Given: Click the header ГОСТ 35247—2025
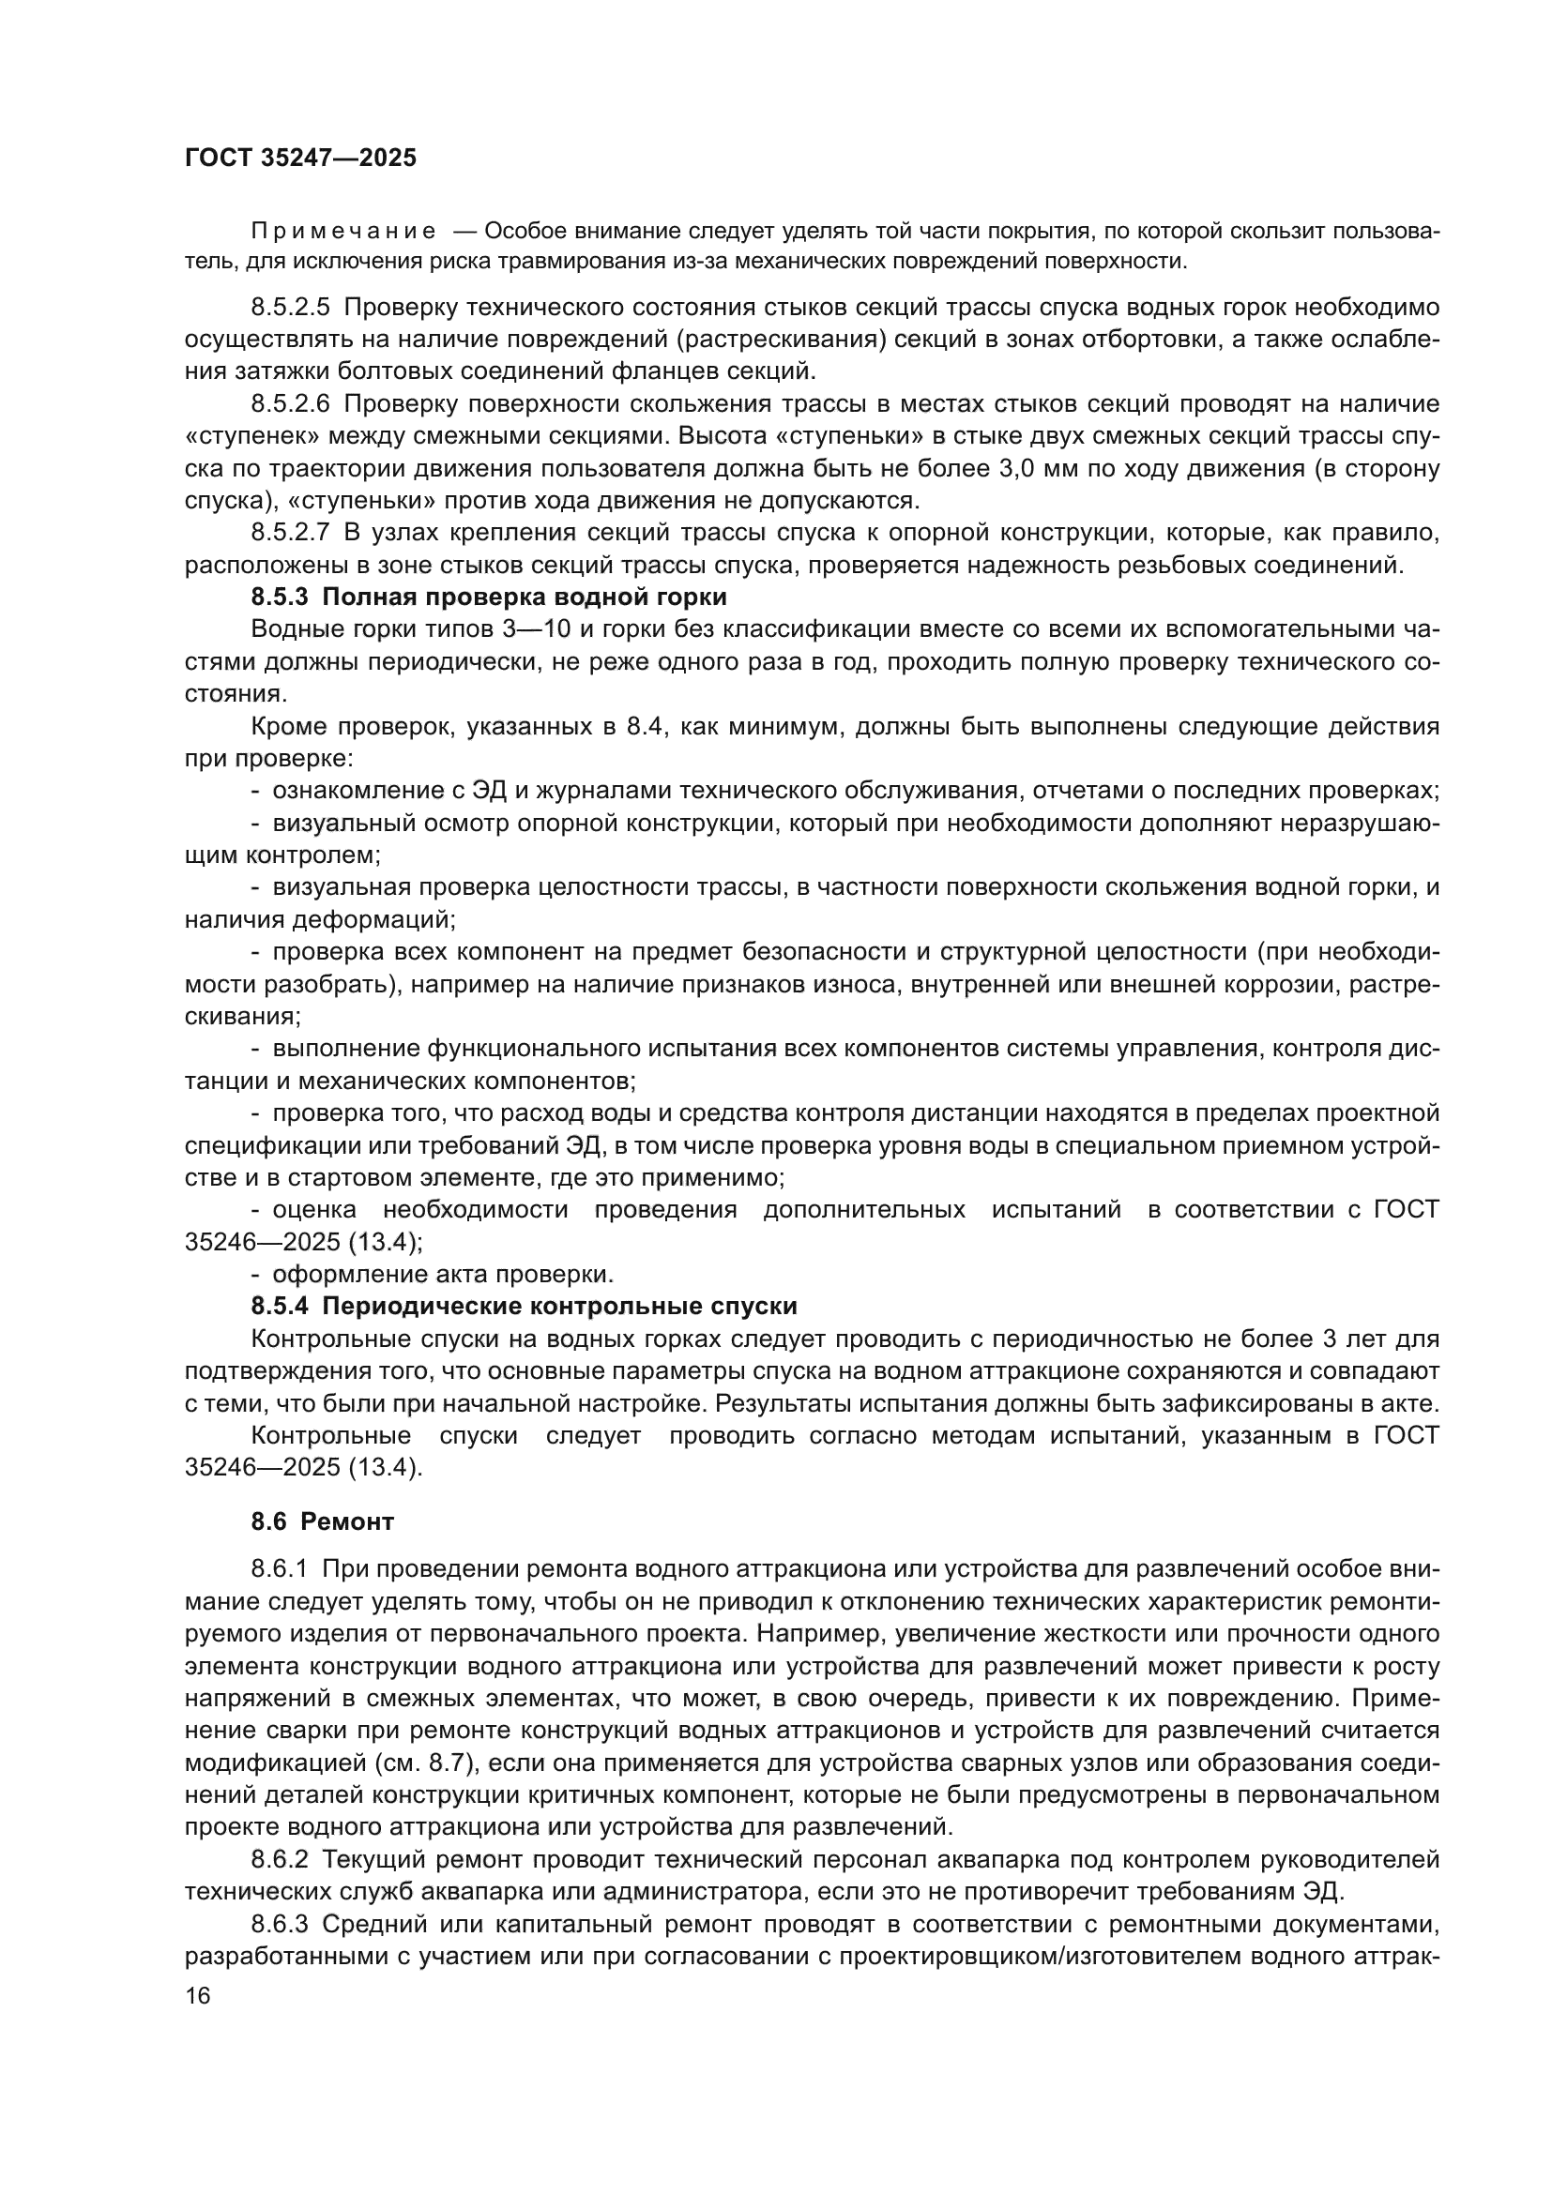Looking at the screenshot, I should pos(300,158).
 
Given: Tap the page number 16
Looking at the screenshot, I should pos(198,1996).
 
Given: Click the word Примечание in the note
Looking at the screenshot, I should pos(343,232).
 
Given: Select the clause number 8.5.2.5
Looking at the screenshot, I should pos(290,308).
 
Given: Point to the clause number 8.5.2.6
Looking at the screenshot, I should pos(290,404).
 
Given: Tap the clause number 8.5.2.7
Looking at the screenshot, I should pos(290,532).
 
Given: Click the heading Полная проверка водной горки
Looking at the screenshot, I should pos(524,598).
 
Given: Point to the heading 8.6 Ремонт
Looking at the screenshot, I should pos(322,1522).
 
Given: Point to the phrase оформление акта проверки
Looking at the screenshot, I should pos(443,1274).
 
